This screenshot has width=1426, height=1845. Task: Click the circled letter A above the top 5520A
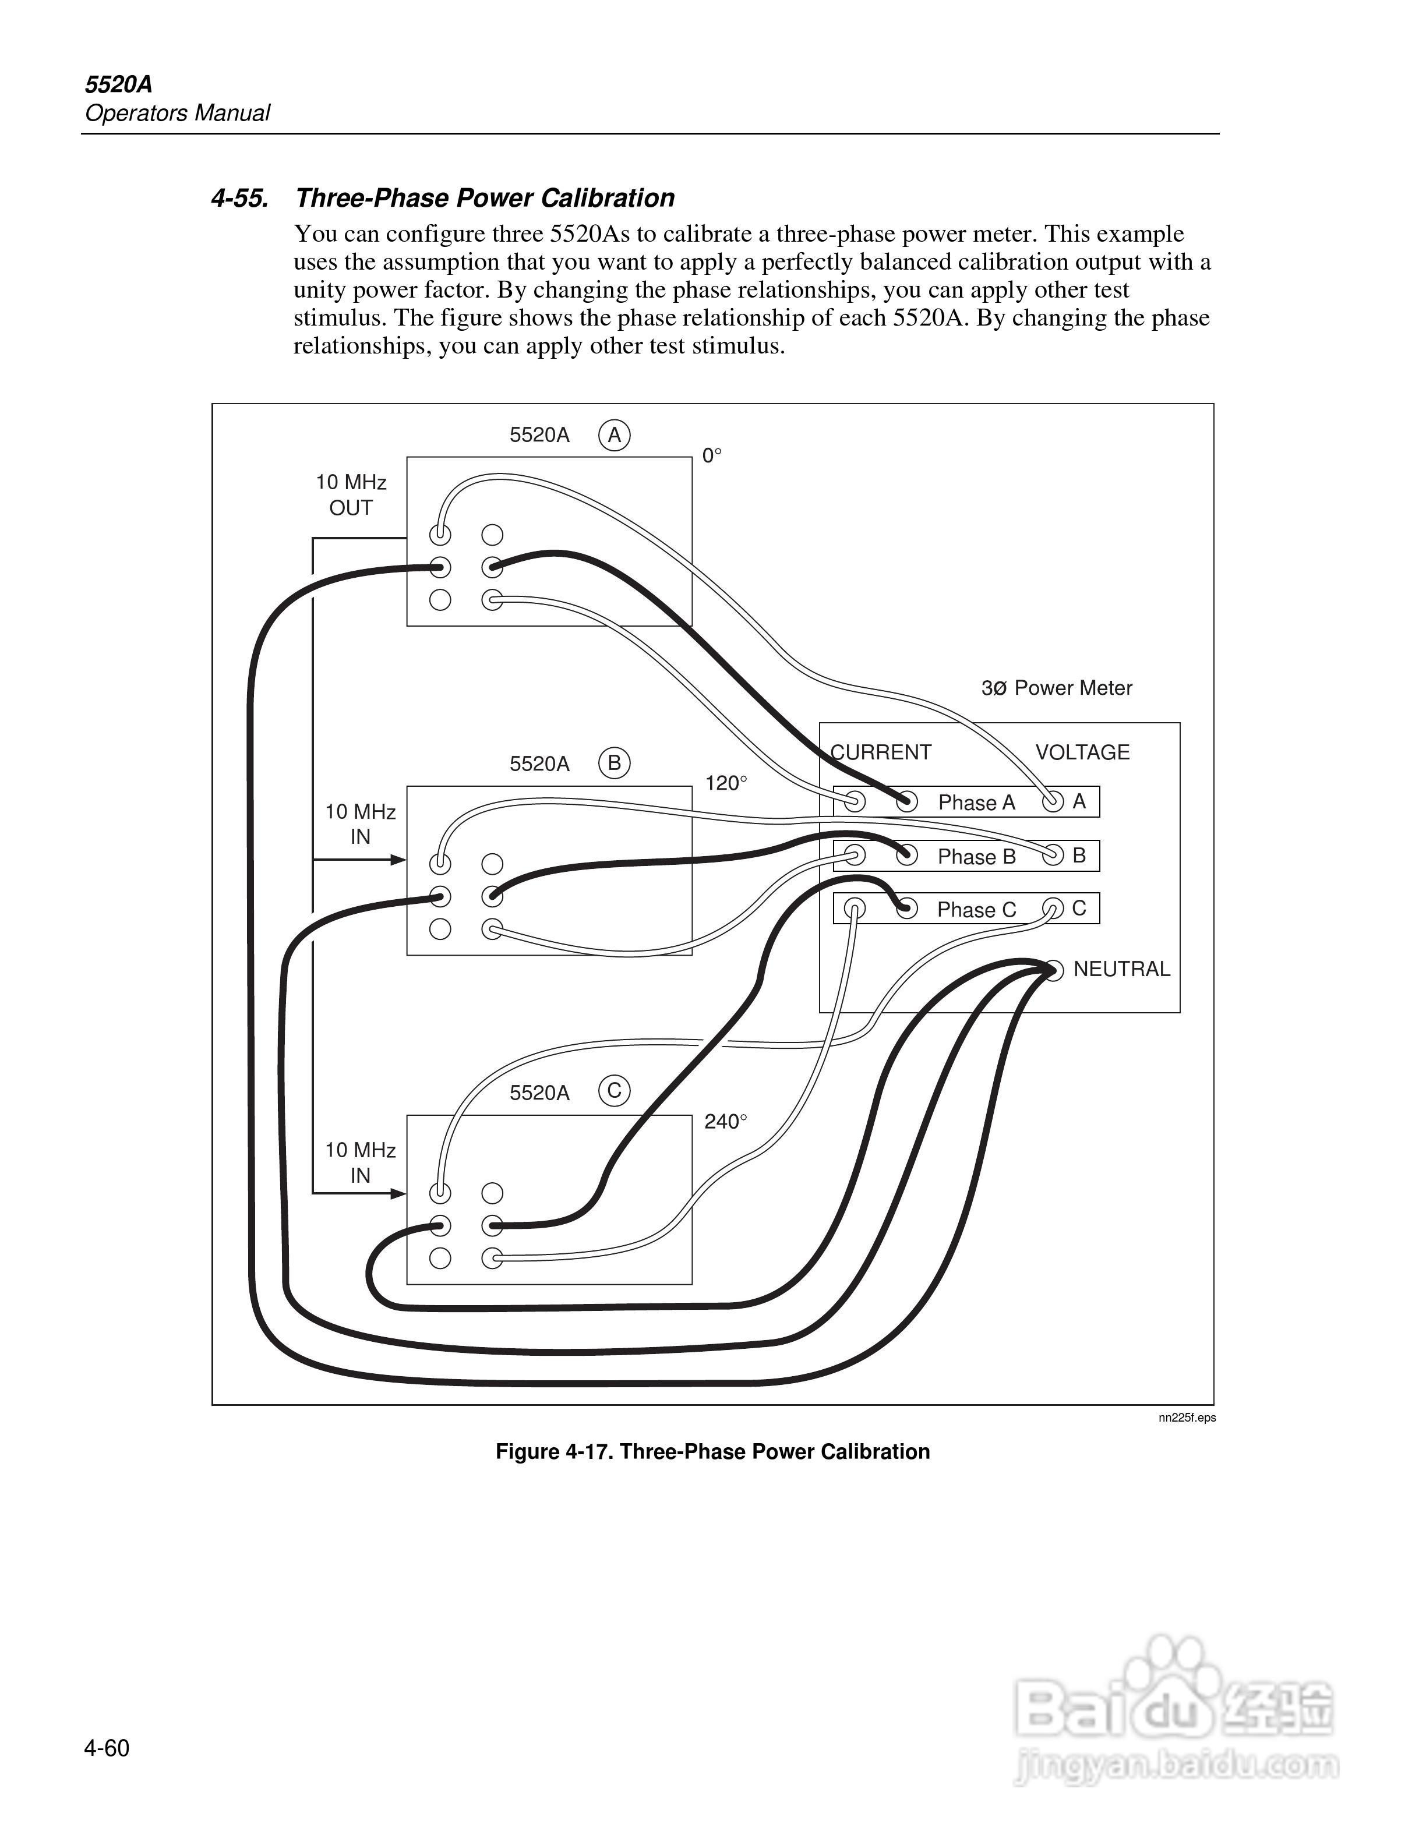614,435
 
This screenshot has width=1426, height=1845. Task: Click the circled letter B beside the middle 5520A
614,764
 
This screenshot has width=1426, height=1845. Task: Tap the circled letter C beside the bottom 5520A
614,1091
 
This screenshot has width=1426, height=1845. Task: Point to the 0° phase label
712,456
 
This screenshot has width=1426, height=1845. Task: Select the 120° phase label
726,783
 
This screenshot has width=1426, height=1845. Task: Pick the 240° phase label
726,1121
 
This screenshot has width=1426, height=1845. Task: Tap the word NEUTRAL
1121,969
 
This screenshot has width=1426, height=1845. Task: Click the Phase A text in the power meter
976,803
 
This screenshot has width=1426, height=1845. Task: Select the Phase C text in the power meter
976,910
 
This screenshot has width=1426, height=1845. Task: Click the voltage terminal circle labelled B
1053,855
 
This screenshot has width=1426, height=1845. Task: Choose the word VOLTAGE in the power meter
1082,752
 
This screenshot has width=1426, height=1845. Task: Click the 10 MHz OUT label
351,495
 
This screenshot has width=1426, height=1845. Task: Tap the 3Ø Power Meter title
1056,688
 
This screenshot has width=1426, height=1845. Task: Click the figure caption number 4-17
585,1451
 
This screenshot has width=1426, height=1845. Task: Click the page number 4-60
107,1748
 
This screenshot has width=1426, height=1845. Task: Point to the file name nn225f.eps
1187,1418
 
